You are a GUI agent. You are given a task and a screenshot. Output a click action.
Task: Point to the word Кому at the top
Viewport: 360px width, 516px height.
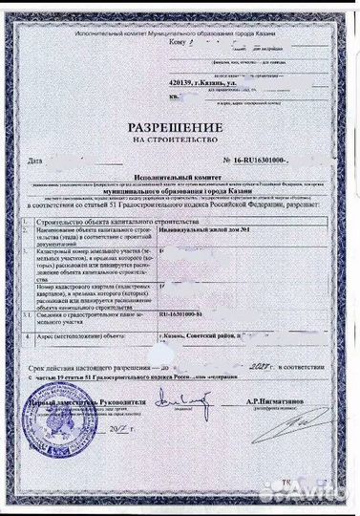click(151, 43)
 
